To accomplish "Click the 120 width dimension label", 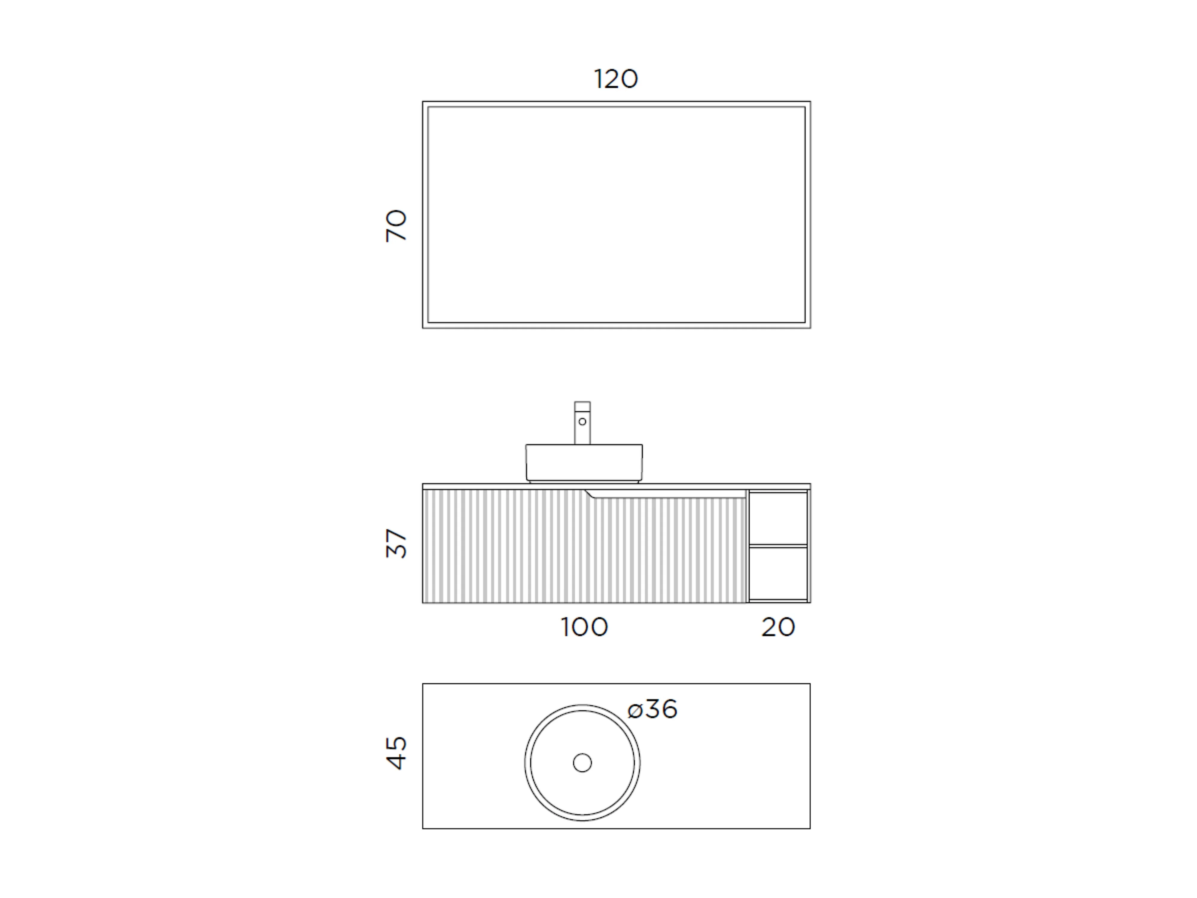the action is (x=616, y=79).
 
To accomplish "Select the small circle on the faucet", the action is (x=582, y=422).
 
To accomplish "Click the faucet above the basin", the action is (x=582, y=423).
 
